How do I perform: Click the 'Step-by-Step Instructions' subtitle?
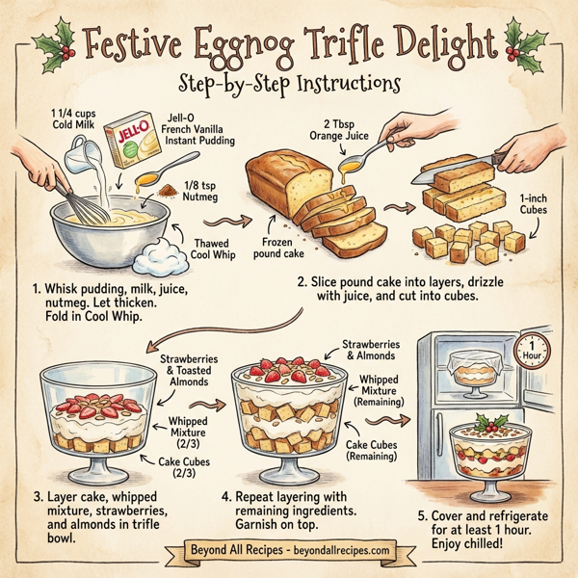pos(289,84)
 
